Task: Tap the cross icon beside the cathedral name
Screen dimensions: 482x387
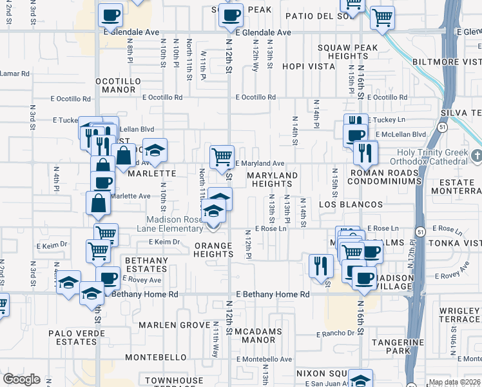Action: [x=476, y=156]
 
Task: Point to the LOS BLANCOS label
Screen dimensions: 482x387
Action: [x=351, y=204]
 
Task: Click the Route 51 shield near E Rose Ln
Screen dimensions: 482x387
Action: [x=419, y=230]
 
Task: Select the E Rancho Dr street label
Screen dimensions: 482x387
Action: [x=336, y=333]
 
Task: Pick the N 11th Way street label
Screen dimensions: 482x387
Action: [x=215, y=341]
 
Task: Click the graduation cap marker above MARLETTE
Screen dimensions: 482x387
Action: [x=154, y=150]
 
